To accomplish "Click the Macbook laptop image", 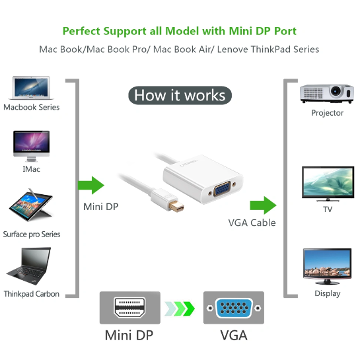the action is (31, 88).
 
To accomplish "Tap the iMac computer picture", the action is (32, 146).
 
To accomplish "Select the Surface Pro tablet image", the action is (31, 205).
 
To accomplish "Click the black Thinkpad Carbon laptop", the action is (29, 266).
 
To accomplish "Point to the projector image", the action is (327, 94).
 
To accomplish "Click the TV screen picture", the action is (328, 184).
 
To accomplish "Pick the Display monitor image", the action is (327, 266).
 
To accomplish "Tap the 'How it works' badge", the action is (180, 95).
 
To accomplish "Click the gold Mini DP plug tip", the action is (176, 206).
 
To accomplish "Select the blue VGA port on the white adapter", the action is (222, 189).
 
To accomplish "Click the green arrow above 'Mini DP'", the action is (91, 185).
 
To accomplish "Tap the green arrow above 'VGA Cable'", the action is (263, 205).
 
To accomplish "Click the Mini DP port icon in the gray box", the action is (129, 308).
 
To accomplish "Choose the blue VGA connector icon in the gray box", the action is (234, 308).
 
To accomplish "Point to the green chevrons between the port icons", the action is (180, 308).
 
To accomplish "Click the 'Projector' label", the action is (327, 113).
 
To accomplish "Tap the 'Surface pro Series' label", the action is (32, 235).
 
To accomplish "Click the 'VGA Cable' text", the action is (252, 223).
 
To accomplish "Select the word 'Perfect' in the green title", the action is (81, 31).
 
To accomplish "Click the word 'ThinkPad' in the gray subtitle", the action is (270, 50).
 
